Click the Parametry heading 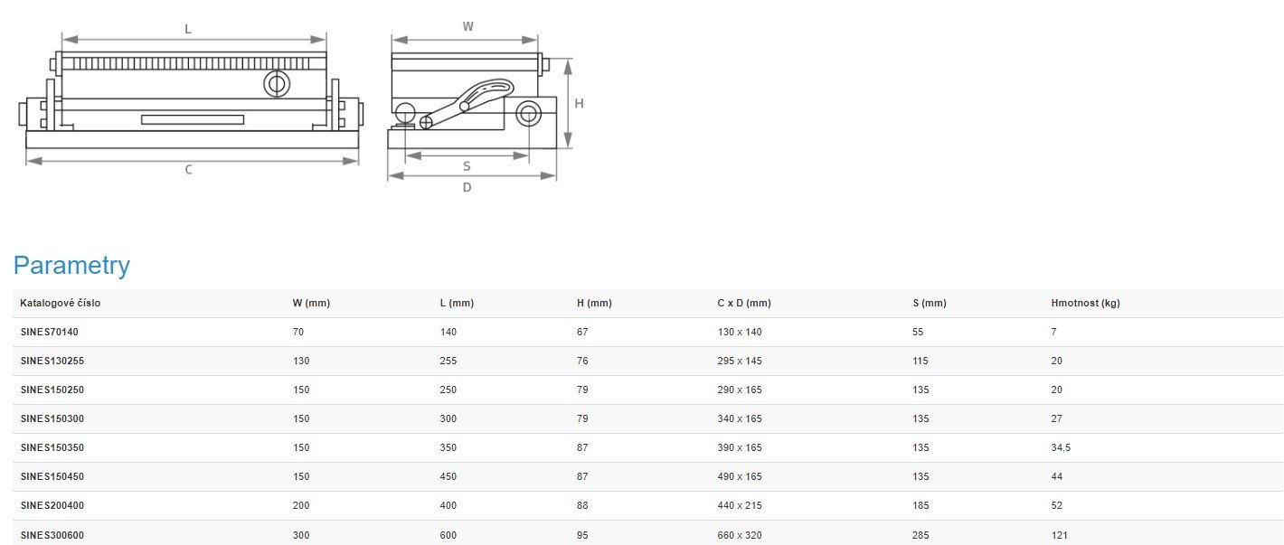tap(71, 266)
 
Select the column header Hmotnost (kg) tap(1085, 303)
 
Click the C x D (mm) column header tap(744, 303)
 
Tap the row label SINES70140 tap(50, 332)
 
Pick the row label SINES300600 tap(52, 535)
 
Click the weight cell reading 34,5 tap(1061, 447)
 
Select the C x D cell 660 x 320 tap(740, 535)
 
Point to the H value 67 tap(582, 332)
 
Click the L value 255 tap(448, 361)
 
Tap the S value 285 tap(921, 535)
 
